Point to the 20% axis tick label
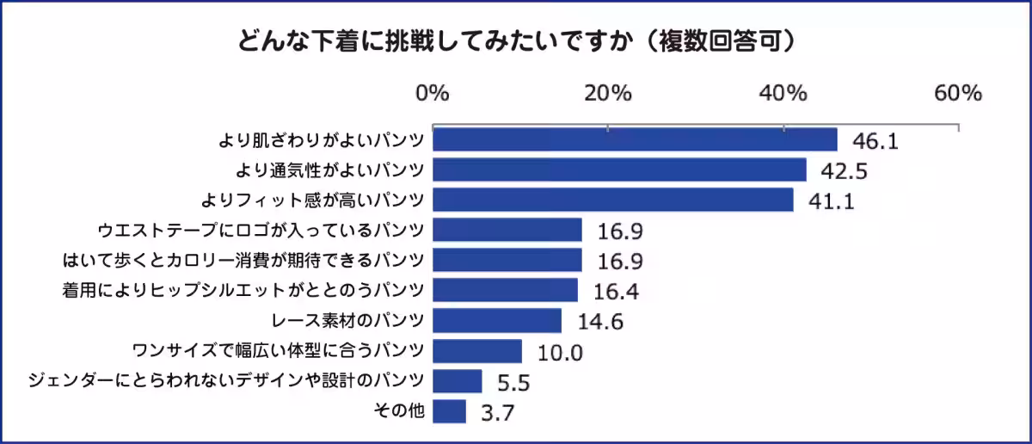coord(609,94)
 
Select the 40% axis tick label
coord(784,94)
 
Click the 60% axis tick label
coord(958,94)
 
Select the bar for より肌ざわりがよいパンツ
coord(635,139)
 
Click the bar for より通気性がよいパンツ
coord(619,170)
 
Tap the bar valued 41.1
coord(612,200)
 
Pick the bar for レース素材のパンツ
coord(497,321)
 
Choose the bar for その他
coord(449,411)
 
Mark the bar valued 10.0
coord(477,351)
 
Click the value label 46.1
coord(875,141)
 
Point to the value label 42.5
coord(844,171)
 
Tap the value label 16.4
coord(616,292)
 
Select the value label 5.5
coord(514,383)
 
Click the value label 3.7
coord(497,414)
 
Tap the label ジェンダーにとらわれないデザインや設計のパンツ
coord(226,381)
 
